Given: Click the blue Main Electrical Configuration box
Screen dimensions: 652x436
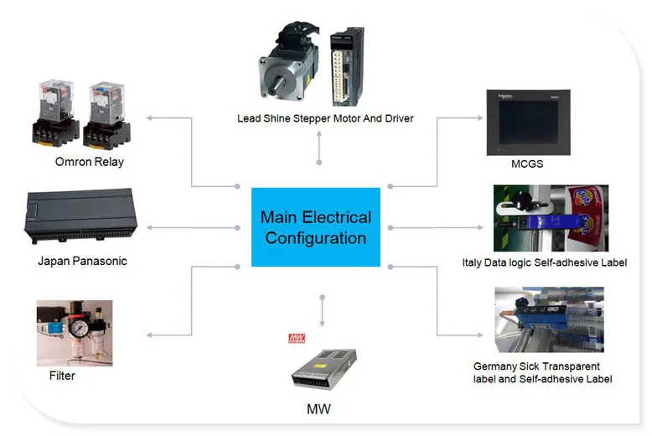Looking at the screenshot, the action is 316,227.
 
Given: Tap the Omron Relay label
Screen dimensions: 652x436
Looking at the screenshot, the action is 90,162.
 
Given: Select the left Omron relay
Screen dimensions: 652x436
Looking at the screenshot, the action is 55,113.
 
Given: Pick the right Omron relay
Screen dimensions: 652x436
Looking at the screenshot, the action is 107,116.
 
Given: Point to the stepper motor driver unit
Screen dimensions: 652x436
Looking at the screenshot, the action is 347,66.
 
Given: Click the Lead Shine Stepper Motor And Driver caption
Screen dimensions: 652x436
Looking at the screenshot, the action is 325,118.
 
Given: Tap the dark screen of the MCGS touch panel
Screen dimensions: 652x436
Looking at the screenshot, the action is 529,122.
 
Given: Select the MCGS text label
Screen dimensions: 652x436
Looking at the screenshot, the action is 527,163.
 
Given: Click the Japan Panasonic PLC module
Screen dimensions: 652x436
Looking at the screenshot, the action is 80,215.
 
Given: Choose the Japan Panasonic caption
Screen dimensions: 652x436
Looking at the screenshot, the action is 82,262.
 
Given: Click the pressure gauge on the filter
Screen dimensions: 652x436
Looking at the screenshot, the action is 78,329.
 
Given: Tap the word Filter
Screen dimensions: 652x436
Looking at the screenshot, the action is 62,376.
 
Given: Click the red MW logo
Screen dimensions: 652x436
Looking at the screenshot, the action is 297,338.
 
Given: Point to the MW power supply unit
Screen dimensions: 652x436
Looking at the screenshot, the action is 324,369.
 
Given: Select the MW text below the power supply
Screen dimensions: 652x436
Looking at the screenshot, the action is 318,409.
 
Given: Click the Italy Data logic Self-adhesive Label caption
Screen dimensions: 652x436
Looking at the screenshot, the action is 544,263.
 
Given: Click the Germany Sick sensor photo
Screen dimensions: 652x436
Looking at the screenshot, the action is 549,319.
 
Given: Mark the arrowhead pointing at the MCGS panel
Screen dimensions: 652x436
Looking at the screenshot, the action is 480,118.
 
